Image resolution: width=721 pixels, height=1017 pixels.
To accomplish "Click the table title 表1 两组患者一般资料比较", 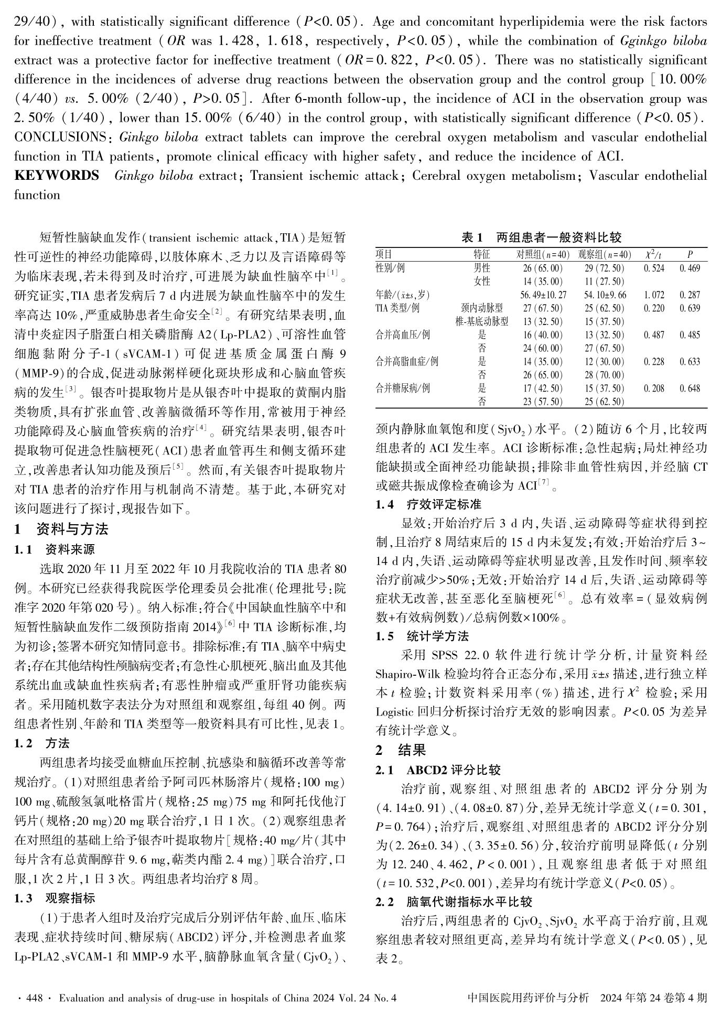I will pyautogui.click(x=541, y=237).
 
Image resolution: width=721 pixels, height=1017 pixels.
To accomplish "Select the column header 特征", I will pyautogui.click(x=481, y=255).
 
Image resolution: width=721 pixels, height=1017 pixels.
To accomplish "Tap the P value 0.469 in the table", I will pyautogui.click(x=690, y=268).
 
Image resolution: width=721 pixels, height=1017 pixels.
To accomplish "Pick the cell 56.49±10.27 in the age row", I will pyautogui.click(x=541, y=295).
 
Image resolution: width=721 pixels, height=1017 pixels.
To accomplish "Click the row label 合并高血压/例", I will pyautogui.click(x=403, y=334).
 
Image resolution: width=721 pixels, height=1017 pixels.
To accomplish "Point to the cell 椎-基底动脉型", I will pyautogui.click(x=481, y=321).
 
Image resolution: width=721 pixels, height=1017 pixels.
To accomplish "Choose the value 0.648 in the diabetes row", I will pyautogui.click(x=690, y=388).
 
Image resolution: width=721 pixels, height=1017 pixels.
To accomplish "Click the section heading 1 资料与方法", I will pyautogui.click(x=61, y=529).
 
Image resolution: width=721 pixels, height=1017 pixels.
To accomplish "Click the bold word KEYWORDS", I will pyautogui.click(x=57, y=176).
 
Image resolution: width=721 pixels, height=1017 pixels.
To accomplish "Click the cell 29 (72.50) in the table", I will pyautogui.click(x=604, y=268).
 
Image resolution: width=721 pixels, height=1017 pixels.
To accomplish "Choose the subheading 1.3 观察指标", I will pyautogui.click(x=55, y=898).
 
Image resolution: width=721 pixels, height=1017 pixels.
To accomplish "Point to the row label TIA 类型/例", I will pyautogui.click(x=399, y=308).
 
